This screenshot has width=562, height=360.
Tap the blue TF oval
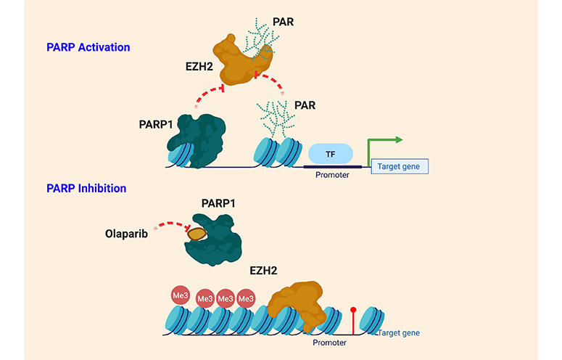tap(331, 154)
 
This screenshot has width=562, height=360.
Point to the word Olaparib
tap(126, 233)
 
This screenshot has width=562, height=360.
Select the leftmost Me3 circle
tap(180, 295)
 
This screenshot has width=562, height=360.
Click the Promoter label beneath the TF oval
tap(331, 175)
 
